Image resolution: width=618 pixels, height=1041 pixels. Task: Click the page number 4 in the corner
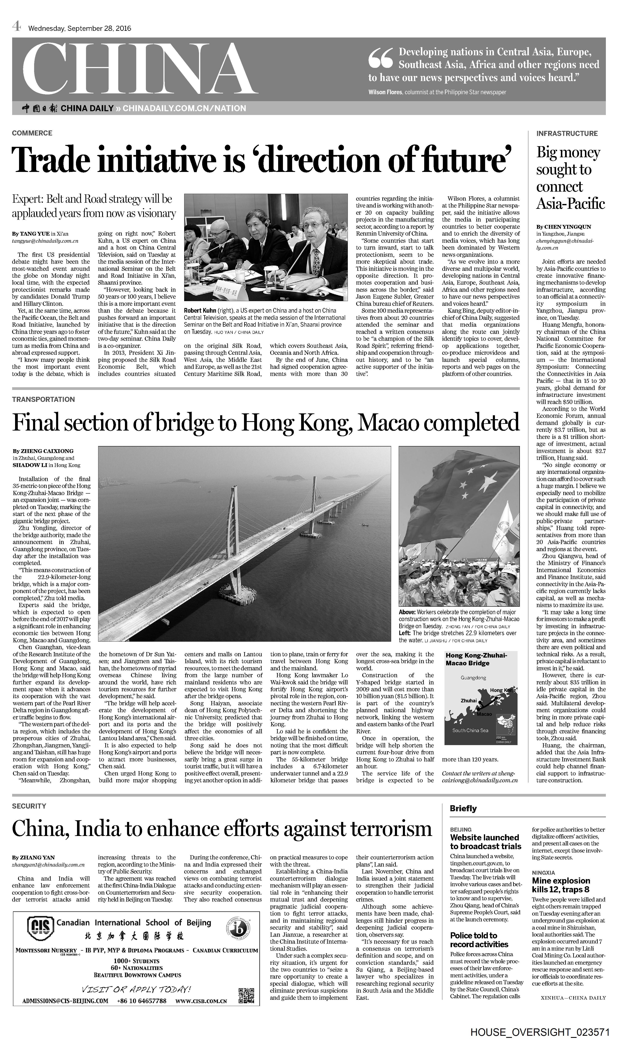[x=16, y=27]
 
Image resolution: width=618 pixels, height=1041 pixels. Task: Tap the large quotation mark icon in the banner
[x=380, y=58]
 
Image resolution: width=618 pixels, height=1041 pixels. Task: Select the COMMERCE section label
[x=32, y=133]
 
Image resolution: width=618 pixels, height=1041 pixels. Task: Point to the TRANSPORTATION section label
[x=43, y=399]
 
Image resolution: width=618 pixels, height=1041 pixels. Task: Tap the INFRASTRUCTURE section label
[x=567, y=133]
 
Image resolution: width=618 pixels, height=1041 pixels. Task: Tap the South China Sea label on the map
[x=470, y=730]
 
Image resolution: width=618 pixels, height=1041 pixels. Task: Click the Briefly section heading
[x=463, y=809]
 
